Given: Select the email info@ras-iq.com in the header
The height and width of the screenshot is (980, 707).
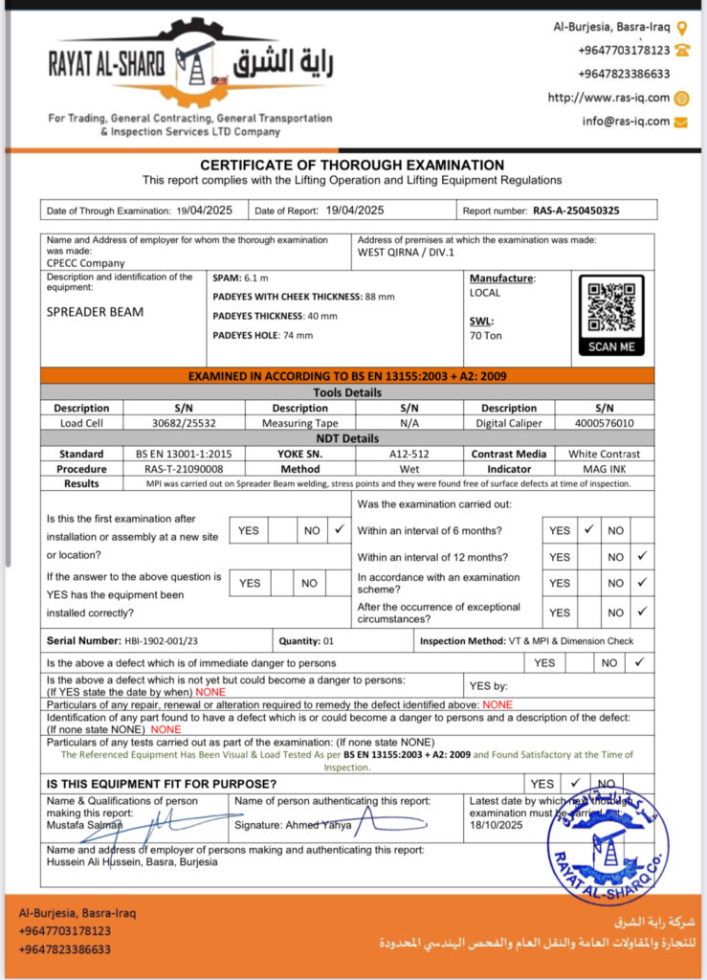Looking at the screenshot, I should point(626,122).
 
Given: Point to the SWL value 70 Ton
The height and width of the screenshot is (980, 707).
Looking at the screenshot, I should point(486,336).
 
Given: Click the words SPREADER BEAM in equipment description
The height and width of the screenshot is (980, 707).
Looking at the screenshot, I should point(95,311).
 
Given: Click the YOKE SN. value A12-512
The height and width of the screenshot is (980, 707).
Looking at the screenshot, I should point(409,454).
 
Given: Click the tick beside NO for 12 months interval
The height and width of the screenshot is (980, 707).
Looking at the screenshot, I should point(642,556).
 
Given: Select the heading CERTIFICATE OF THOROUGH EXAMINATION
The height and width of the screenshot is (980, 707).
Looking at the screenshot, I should point(352,165).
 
